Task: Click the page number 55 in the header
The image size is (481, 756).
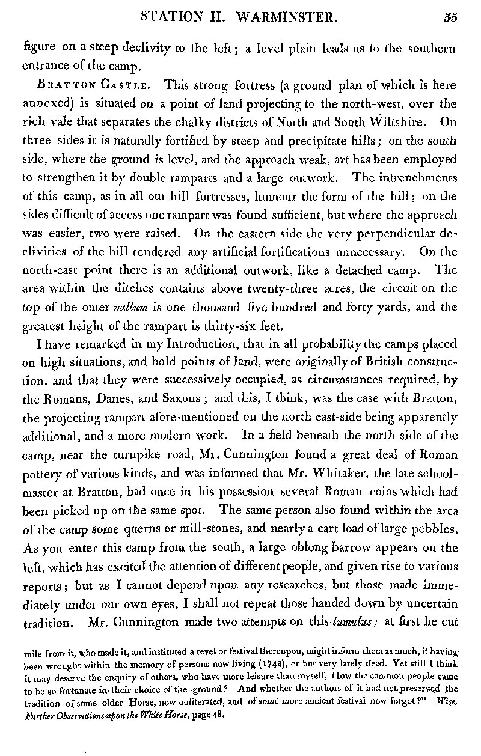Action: [450, 17]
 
